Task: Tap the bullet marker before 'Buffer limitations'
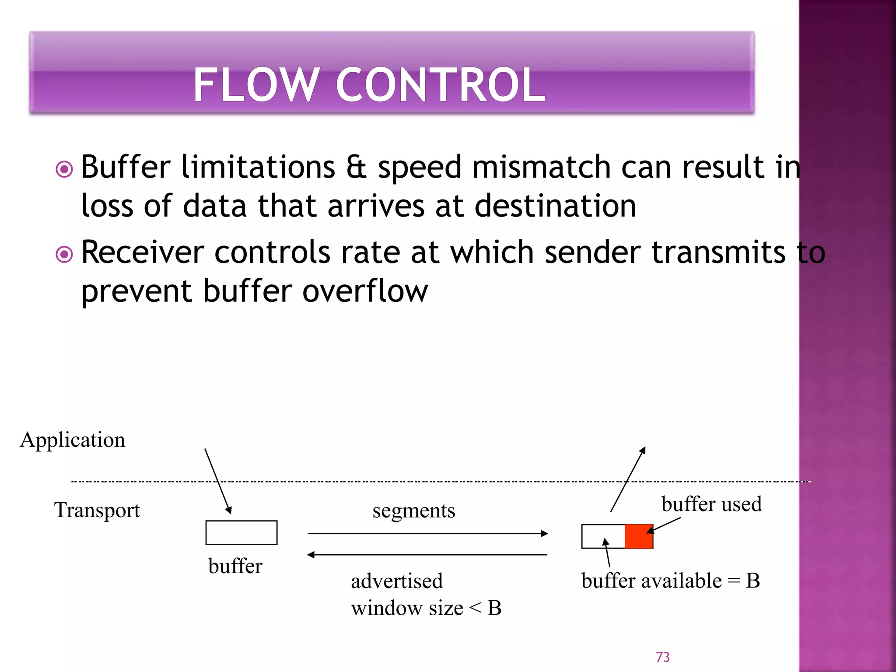pyautogui.click(x=64, y=169)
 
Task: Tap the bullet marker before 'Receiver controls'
pyautogui.click(x=64, y=254)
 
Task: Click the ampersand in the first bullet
pyautogui.click(x=356, y=168)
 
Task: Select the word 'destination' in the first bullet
pyautogui.click(x=555, y=206)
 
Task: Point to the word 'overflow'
pyautogui.click(x=365, y=291)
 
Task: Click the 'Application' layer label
pyautogui.click(x=73, y=440)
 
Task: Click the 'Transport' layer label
pyautogui.click(x=97, y=510)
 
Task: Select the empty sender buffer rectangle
pyautogui.click(x=241, y=532)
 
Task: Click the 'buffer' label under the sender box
pyautogui.click(x=235, y=566)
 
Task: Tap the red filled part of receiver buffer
pyautogui.click(x=638, y=537)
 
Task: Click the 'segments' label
pyautogui.click(x=413, y=511)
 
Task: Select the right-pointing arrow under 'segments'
pyautogui.click(x=428, y=533)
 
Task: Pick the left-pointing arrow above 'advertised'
pyautogui.click(x=427, y=555)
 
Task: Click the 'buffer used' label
pyautogui.click(x=711, y=504)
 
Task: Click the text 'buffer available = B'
pyautogui.click(x=670, y=581)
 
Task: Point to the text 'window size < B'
pyautogui.click(x=426, y=608)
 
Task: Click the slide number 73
pyautogui.click(x=662, y=657)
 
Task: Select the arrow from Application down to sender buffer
pyautogui.click(x=218, y=481)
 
